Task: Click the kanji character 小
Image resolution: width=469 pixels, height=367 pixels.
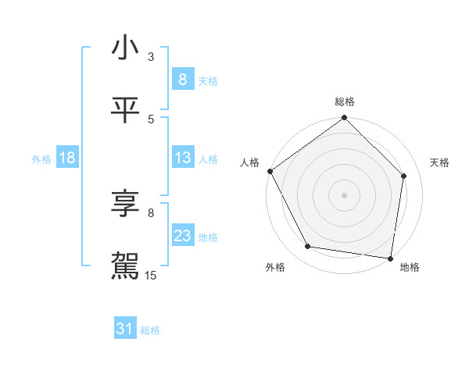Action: (125, 48)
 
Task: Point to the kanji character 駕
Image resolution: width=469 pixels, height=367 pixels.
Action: (125, 265)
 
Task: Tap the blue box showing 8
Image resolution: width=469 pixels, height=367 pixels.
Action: (182, 79)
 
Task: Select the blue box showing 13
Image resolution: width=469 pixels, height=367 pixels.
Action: (182, 159)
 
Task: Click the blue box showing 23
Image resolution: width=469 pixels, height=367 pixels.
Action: (182, 236)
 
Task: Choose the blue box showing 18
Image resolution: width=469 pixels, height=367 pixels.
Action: (67, 159)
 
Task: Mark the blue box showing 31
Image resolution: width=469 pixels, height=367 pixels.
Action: (125, 330)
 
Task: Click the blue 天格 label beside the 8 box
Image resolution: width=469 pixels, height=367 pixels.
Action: (208, 80)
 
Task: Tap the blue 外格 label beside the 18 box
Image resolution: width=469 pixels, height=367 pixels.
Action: (41, 159)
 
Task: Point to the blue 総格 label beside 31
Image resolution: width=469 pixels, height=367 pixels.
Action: (150, 330)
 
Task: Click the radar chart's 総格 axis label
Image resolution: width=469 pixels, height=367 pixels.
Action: (345, 102)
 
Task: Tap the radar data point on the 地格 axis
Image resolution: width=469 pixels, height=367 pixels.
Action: (390, 258)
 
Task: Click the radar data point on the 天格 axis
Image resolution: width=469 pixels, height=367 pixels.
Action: (404, 176)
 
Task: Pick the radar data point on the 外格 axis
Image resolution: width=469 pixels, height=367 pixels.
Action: (308, 247)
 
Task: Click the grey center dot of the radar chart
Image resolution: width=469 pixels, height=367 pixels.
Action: (345, 194)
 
